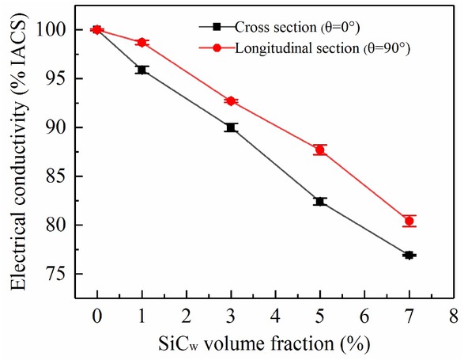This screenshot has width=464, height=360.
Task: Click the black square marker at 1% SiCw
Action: tap(141, 70)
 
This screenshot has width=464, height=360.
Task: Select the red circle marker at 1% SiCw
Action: tap(141, 42)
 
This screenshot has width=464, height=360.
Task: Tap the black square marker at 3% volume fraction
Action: tap(231, 127)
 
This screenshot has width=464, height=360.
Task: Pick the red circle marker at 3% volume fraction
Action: tap(231, 101)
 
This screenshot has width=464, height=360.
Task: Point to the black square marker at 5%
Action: tap(320, 202)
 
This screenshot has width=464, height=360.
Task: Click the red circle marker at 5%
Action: tap(320, 150)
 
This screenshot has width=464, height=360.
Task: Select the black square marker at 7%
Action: tap(409, 255)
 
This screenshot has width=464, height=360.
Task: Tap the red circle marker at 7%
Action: tap(409, 222)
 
